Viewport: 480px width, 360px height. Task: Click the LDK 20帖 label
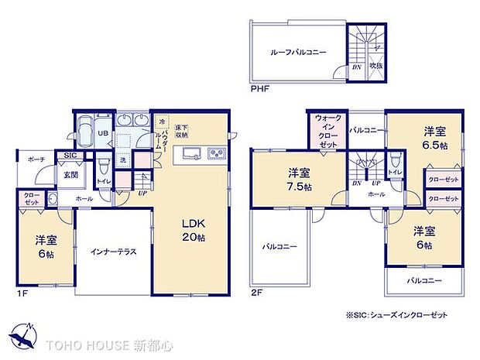point(193,230)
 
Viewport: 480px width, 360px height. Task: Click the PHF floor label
point(260,90)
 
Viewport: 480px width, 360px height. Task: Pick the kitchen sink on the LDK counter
point(192,149)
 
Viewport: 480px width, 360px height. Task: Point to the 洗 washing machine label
point(123,160)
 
